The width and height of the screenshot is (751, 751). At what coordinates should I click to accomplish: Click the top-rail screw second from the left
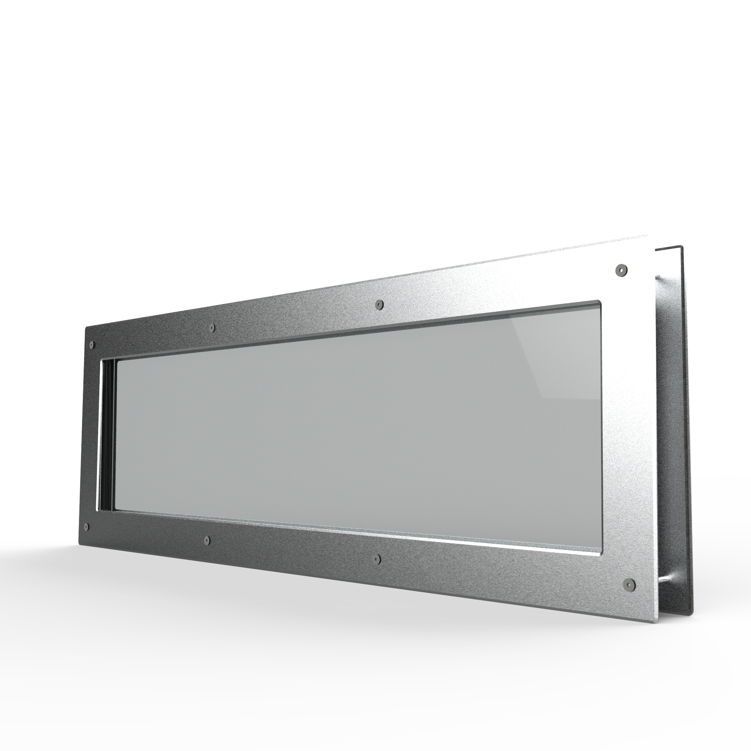pos(212,327)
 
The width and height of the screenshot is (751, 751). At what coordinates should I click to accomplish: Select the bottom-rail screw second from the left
pos(207,540)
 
